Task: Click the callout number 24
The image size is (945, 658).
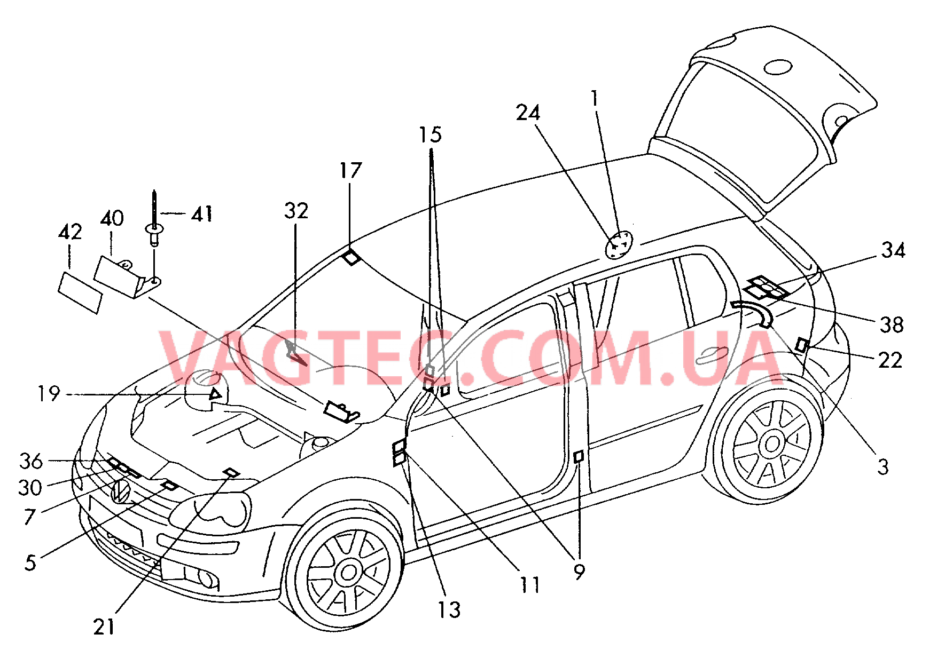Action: [528, 113]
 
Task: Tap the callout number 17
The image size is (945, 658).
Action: [350, 171]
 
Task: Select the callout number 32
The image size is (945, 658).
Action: [296, 211]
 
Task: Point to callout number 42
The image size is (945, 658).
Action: [70, 232]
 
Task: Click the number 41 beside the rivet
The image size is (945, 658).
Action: [202, 214]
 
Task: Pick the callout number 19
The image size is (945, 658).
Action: [49, 394]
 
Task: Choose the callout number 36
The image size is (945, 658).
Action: [30, 461]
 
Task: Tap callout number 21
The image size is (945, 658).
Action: [104, 627]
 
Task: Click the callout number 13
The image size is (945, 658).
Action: [449, 609]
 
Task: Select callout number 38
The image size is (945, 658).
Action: [892, 324]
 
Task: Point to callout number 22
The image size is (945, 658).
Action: [890, 360]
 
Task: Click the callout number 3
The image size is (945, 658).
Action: [883, 467]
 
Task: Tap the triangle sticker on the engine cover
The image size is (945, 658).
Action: [215, 395]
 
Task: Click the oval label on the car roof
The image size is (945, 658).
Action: [618, 244]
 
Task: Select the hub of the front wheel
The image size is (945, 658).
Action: [348, 573]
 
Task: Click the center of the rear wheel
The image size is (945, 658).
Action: [771, 443]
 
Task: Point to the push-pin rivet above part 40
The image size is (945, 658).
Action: [154, 224]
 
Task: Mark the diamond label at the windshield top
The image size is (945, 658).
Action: [350, 258]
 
